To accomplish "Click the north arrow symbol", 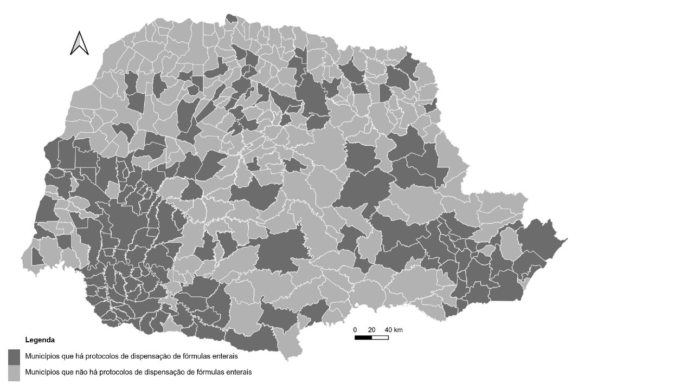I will [80, 43].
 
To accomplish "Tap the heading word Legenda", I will [40, 340].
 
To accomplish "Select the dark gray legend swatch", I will [14, 357].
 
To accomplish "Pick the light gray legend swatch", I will [14, 373].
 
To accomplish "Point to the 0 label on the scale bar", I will [355, 330].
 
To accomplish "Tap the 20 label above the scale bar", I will [371, 330].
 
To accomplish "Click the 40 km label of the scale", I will [394, 330].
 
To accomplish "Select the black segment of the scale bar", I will [363, 337].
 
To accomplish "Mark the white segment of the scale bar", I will [380, 337].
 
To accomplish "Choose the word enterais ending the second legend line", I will [239, 372].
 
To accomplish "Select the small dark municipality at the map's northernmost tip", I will [232, 18].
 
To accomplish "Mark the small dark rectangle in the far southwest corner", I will [37, 256].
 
